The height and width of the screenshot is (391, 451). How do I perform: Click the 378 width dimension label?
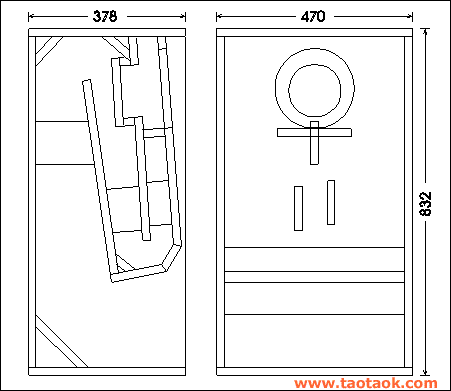point(105,16)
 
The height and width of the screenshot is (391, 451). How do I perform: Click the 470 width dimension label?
point(313,16)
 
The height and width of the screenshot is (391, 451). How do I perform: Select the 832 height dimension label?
point(426,204)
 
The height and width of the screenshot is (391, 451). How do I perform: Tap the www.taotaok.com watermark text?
point(366,383)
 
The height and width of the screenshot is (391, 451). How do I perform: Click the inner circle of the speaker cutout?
point(289,90)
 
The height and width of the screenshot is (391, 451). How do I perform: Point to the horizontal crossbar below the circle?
point(314,133)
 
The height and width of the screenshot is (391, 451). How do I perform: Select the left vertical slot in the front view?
point(298,208)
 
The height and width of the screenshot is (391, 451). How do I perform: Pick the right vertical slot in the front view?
point(331,202)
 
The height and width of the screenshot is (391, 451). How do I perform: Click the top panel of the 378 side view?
point(107,32)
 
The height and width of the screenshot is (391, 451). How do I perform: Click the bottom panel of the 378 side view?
point(107,371)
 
